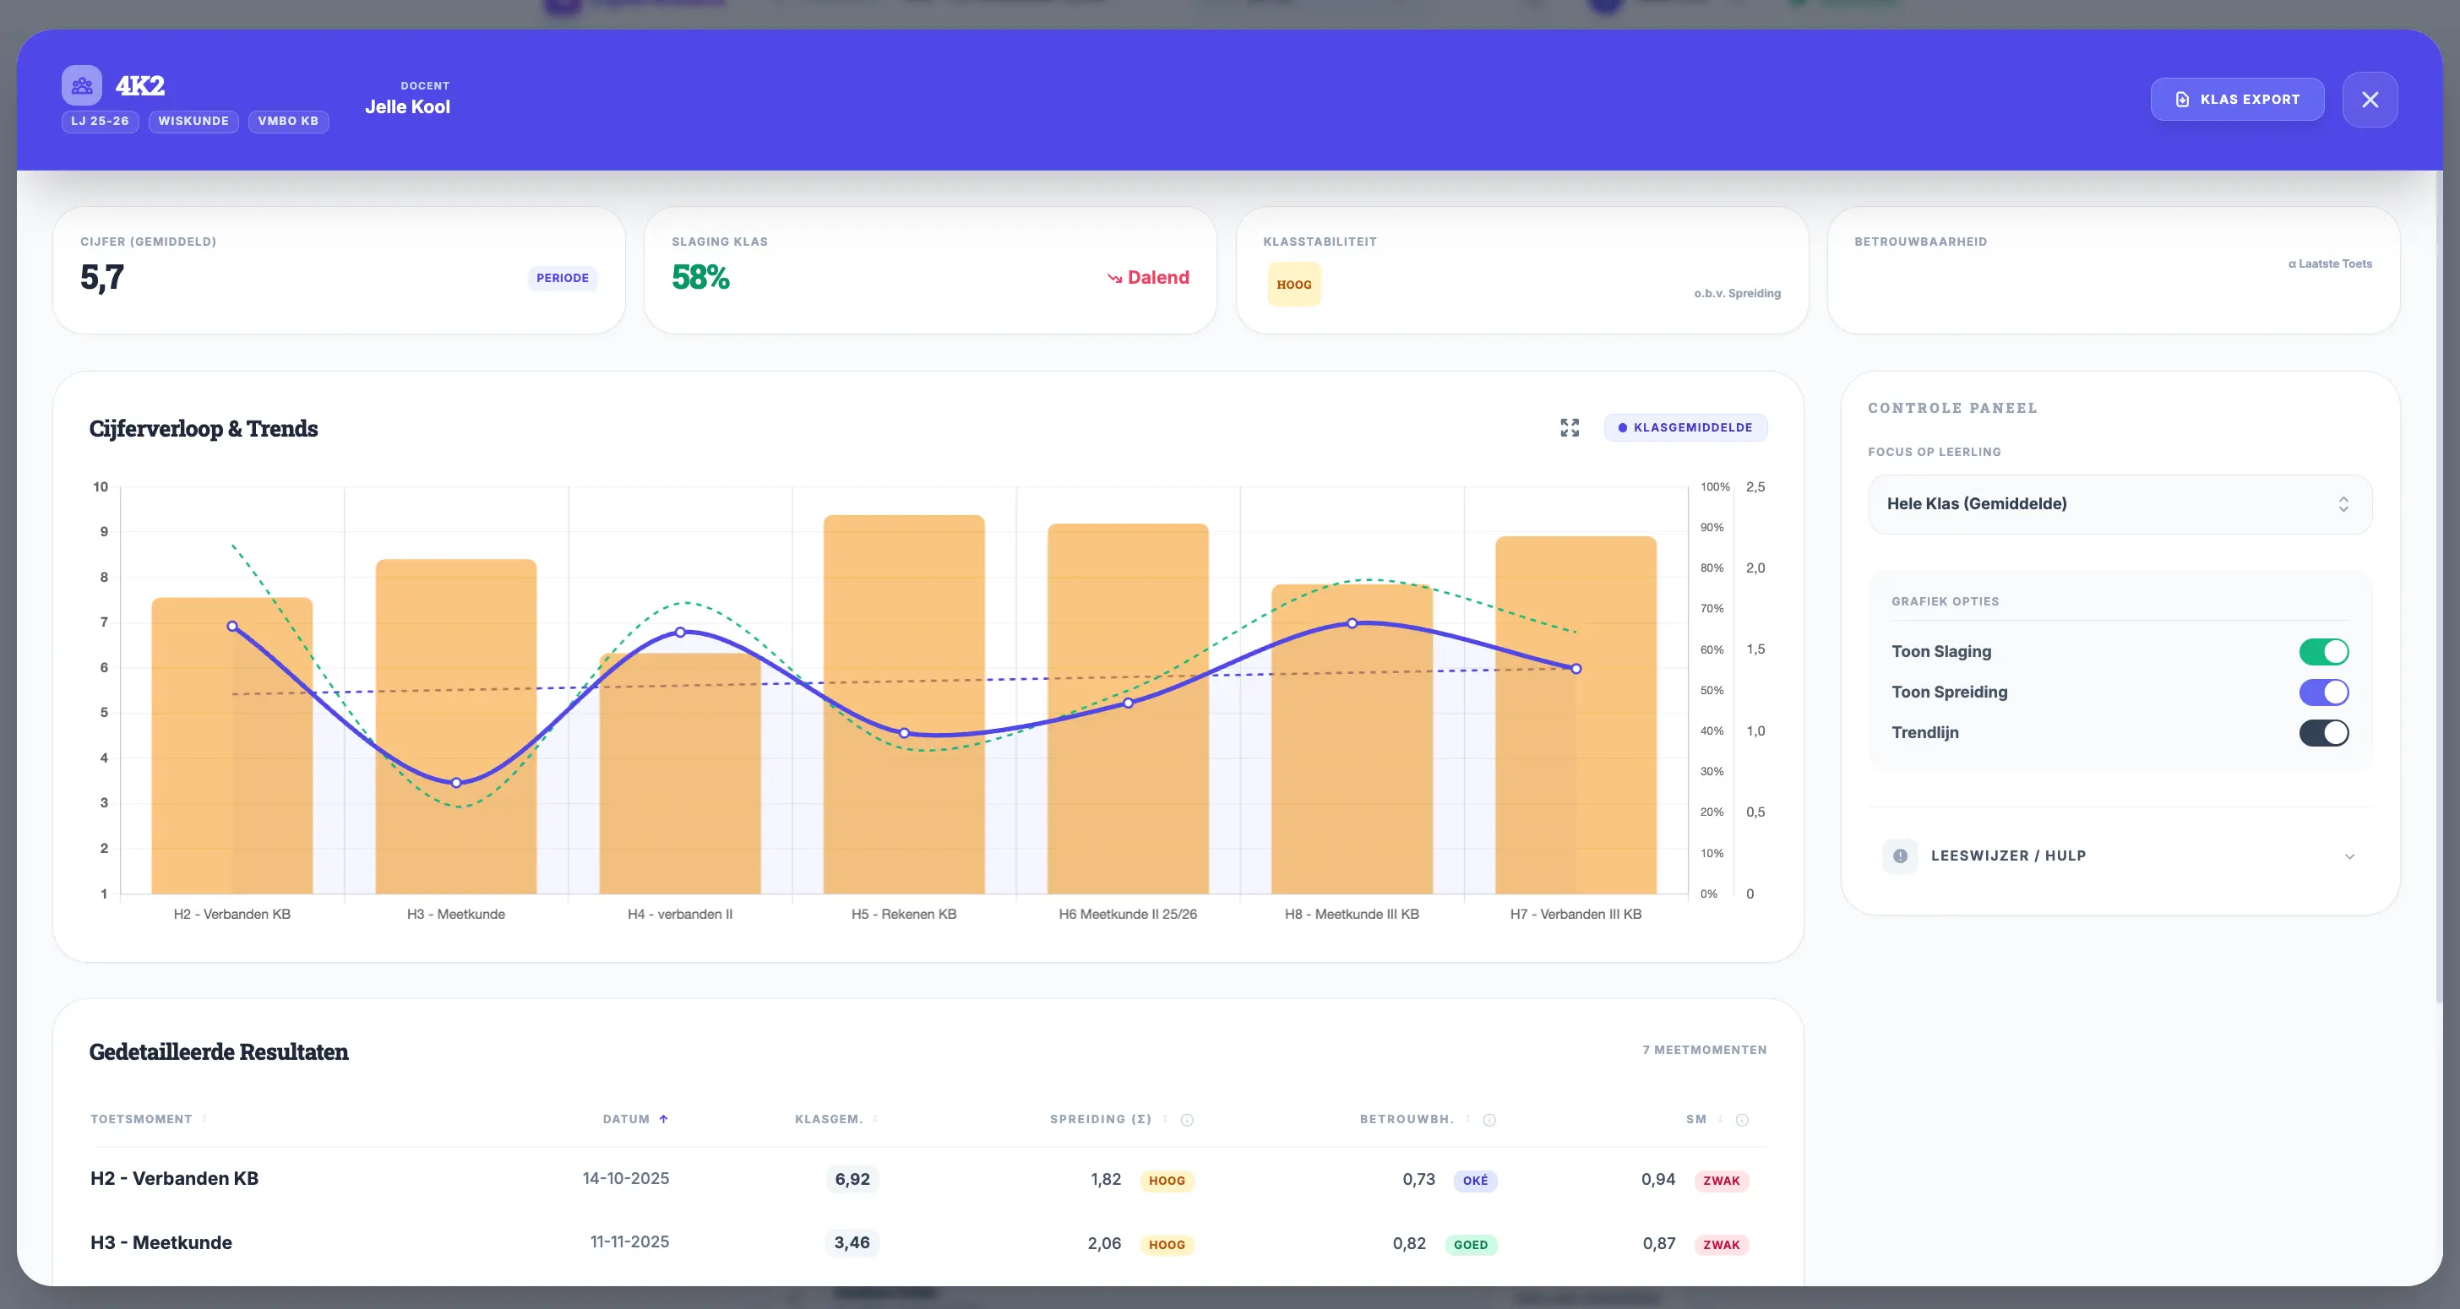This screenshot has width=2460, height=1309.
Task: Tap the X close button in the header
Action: pyautogui.click(x=2370, y=100)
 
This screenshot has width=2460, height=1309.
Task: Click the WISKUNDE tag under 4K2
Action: pyautogui.click(x=193, y=122)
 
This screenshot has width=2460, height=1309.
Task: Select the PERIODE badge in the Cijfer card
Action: pyautogui.click(x=562, y=278)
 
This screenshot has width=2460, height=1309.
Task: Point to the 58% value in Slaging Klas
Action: pyautogui.click(x=700, y=277)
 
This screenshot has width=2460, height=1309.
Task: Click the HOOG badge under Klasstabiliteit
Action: pyautogui.click(x=1293, y=285)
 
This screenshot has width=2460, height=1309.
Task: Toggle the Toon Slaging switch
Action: pyautogui.click(x=2322, y=651)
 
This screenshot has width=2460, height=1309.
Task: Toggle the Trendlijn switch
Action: pyautogui.click(x=2322, y=732)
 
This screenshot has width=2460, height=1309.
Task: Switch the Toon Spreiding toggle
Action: pyautogui.click(x=2322, y=693)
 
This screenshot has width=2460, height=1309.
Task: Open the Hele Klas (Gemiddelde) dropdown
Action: pyautogui.click(x=2119, y=504)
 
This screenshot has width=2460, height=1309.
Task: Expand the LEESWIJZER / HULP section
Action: pyautogui.click(x=2119, y=855)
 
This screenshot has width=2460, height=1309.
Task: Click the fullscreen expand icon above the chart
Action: pyautogui.click(x=1569, y=427)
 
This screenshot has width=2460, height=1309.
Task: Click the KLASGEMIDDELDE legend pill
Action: pyautogui.click(x=1685, y=427)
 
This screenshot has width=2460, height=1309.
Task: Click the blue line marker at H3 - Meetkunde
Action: pyautogui.click(x=456, y=783)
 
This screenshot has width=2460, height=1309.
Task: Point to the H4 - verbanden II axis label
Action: pyautogui.click(x=680, y=914)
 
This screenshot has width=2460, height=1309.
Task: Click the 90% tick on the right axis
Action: pyautogui.click(x=1712, y=527)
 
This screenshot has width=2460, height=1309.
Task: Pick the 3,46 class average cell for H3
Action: pyautogui.click(x=852, y=1242)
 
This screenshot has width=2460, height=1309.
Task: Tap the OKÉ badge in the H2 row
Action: pyautogui.click(x=1474, y=1180)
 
